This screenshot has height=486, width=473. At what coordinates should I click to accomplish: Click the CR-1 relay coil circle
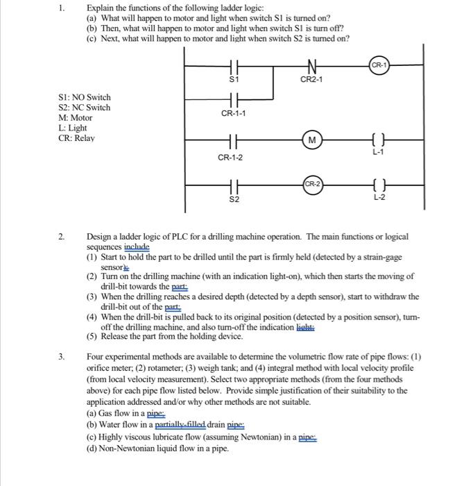[x=379, y=65]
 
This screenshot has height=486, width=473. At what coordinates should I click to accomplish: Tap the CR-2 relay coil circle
[x=312, y=184]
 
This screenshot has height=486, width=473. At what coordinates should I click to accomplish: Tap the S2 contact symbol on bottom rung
[x=234, y=185]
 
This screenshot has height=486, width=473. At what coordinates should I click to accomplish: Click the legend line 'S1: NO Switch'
[x=85, y=97]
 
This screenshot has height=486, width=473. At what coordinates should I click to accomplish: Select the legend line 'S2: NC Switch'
[x=85, y=108]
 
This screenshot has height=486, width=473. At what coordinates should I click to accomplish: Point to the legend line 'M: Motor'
[x=76, y=118]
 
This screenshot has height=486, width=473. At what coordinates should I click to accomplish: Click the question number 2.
[x=63, y=237]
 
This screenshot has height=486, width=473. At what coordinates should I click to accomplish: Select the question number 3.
[x=63, y=357]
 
